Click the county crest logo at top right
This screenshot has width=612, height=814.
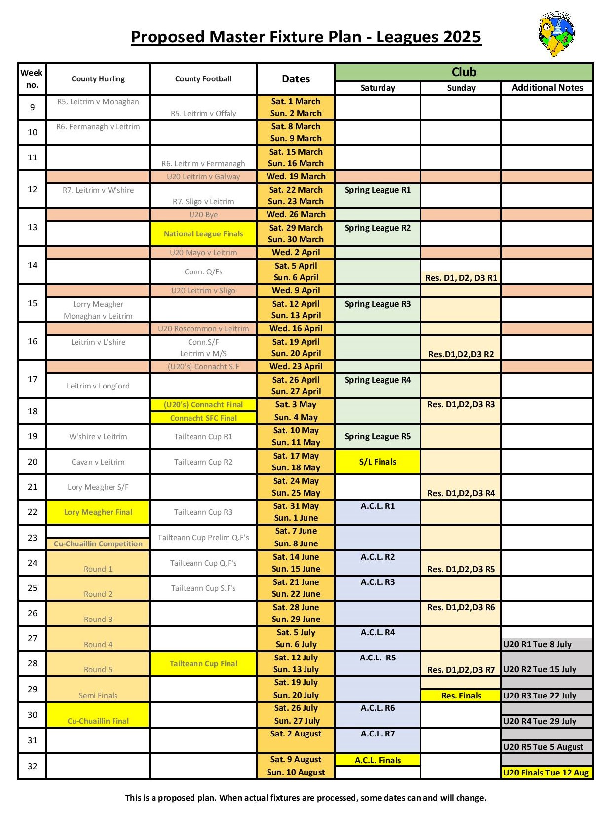pyautogui.click(x=557, y=35)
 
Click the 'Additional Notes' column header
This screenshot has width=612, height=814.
pyautogui.click(x=547, y=88)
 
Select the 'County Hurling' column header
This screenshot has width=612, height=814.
pyautogui.click(x=98, y=79)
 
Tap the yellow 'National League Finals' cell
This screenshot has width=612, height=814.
pyautogui.click(x=203, y=234)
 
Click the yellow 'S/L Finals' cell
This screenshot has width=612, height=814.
pyautogui.click(x=378, y=462)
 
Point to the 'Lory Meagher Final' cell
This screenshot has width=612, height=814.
pyautogui.click(x=98, y=512)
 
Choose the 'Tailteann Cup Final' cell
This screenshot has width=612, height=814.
pyautogui.click(x=203, y=664)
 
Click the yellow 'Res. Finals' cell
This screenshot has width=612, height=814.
pyautogui.click(x=461, y=696)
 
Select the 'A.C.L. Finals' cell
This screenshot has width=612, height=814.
pyautogui.click(x=378, y=760)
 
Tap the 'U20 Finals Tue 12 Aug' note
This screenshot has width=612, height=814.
pyautogui.click(x=546, y=773)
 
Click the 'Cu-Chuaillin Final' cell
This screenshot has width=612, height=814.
pyautogui.click(x=98, y=721)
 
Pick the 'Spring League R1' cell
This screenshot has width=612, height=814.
pyautogui.click(x=378, y=190)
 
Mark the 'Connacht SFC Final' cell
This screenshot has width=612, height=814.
pyautogui.click(x=203, y=418)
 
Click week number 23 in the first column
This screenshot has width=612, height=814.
pyautogui.click(x=33, y=538)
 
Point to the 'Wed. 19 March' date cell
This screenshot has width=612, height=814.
pyautogui.click(x=296, y=177)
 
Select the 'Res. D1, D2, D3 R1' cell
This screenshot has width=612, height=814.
pyautogui.click(x=461, y=278)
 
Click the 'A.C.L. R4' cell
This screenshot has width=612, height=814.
pyautogui.click(x=378, y=633)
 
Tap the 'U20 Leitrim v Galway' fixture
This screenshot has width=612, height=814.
pyautogui.click(x=203, y=177)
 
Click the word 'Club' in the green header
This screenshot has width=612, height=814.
pyautogui.click(x=464, y=72)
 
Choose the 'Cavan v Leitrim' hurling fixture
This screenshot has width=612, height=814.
pyautogui.click(x=98, y=462)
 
